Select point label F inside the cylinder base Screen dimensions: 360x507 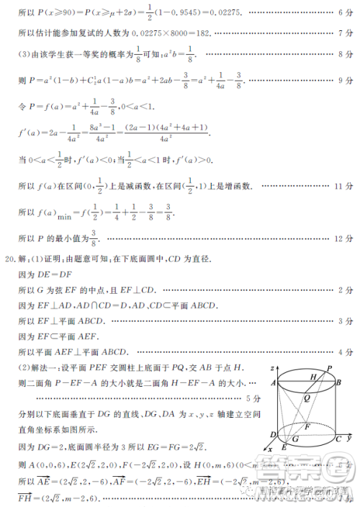point(307,426)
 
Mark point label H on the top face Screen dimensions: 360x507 point(313,377)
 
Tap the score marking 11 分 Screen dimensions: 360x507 point(342,186)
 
